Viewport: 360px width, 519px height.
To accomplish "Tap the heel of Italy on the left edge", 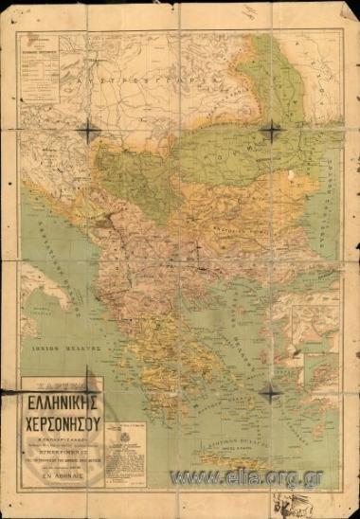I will coord(38,284).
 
